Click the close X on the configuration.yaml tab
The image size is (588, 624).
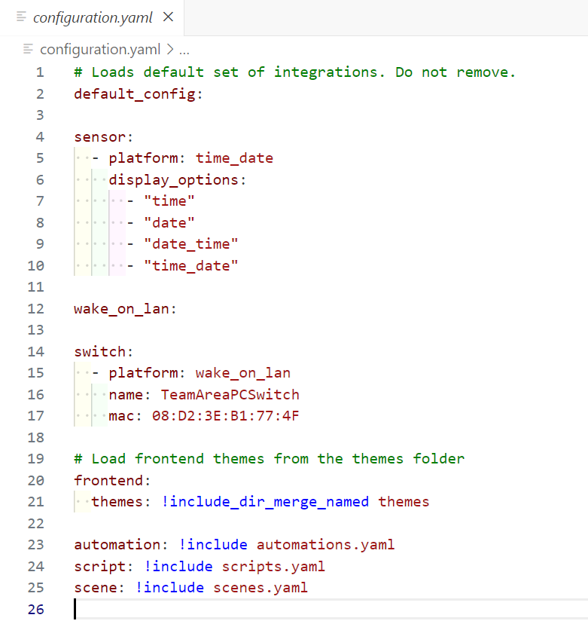point(168,17)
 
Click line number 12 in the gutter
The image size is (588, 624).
point(35,308)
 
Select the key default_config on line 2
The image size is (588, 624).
point(135,94)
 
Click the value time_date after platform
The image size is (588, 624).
point(234,158)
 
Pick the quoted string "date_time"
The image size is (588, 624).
point(191,244)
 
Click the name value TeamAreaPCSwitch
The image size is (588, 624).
point(230,394)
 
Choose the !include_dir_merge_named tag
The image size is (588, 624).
point(265,501)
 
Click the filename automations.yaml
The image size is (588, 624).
point(325,544)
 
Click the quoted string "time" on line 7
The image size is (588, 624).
point(169,201)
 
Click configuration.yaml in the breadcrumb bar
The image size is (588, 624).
point(100,50)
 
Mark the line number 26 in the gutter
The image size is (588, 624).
point(35,609)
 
